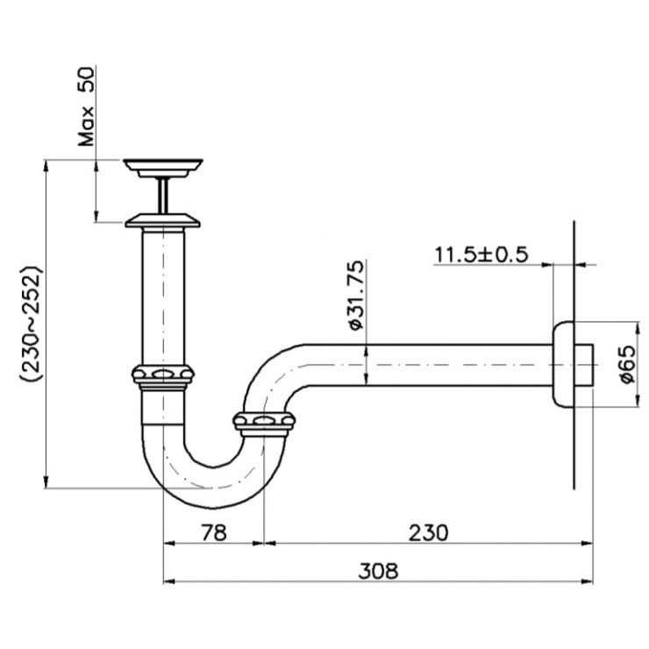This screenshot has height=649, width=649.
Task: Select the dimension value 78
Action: (213, 531)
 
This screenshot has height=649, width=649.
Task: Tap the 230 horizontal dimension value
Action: (427, 531)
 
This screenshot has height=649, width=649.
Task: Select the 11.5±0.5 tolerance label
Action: (481, 254)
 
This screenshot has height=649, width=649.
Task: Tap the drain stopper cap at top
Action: (163, 166)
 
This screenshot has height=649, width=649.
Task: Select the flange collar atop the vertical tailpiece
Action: (163, 219)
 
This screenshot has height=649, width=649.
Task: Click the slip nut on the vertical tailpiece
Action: (162, 375)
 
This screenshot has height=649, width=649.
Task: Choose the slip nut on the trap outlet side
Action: (264, 424)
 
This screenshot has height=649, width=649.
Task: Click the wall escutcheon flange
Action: (561, 365)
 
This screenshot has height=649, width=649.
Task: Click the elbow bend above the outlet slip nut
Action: (267, 373)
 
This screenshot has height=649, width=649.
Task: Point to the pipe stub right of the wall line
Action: (585, 365)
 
